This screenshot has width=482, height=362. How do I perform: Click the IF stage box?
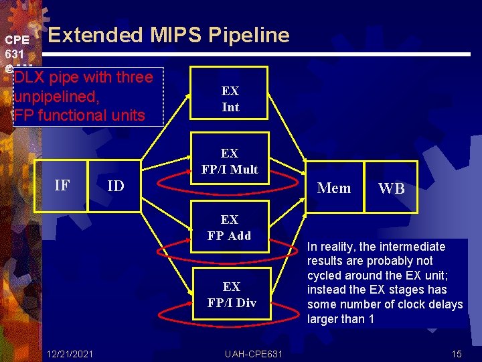coord(61,186)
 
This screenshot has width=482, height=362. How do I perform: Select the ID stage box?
coord(115,186)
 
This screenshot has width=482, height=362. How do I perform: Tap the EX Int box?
coord(230,99)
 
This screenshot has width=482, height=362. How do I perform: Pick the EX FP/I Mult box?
coord(230,162)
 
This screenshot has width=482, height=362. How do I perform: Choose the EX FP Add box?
coord(230,227)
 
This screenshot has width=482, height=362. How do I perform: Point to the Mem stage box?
coord(334,188)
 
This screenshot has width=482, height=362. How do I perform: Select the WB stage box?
coord(392,188)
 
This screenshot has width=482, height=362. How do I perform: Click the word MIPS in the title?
coord(174,35)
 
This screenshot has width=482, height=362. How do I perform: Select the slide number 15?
coord(457,353)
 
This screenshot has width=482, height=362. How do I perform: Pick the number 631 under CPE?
coord(15,53)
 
